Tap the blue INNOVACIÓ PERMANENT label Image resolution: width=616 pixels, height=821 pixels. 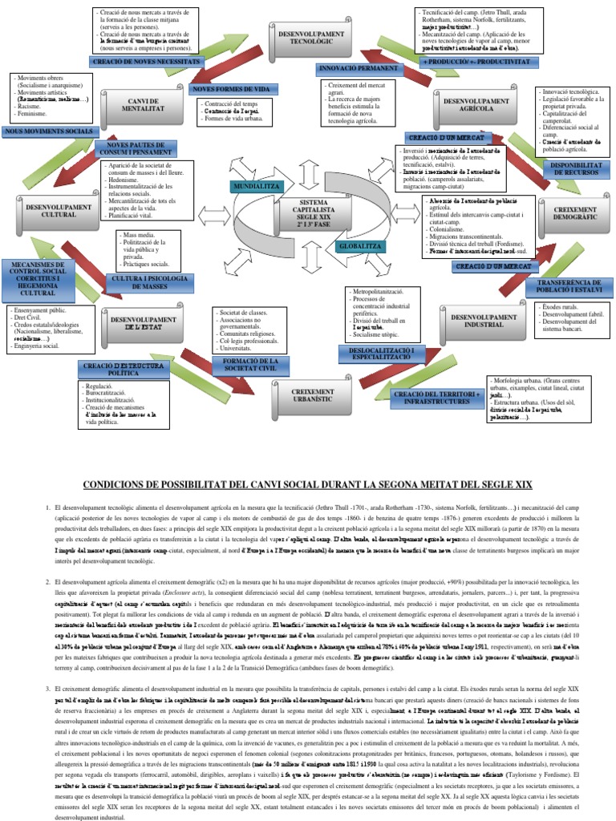(358, 69)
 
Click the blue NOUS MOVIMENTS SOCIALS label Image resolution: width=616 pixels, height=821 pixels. (48, 131)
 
